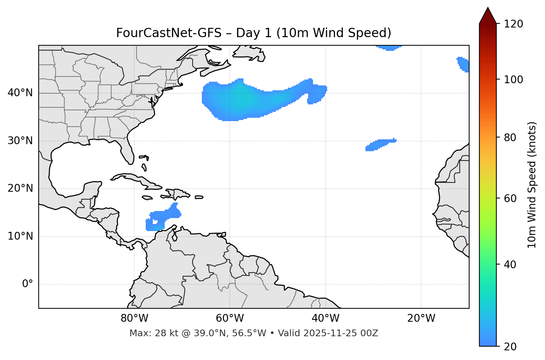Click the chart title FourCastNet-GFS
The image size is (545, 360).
pyautogui.click(x=254, y=33)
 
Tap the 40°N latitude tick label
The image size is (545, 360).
pyautogui.click(x=20, y=93)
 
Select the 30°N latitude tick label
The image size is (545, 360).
pyautogui.click(x=20, y=141)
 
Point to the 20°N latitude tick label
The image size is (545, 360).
pyautogui.click(x=20, y=188)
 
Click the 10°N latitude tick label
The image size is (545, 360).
pyautogui.click(x=20, y=236)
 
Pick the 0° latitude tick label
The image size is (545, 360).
pyautogui.click(x=28, y=284)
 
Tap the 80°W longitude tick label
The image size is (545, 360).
pyautogui.click(x=134, y=318)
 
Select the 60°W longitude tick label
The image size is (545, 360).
pyautogui.click(x=230, y=318)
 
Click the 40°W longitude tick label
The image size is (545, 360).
pyautogui.click(x=326, y=318)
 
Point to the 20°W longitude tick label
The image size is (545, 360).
pyautogui.click(x=421, y=318)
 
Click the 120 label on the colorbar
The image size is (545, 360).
pyautogui.click(x=513, y=24)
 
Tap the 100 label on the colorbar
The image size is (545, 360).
pyautogui.click(x=513, y=80)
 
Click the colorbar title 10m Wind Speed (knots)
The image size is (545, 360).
pyautogui.click(x=532, y=185)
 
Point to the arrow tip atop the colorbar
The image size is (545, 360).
pyautogui.click(x=488, y=8)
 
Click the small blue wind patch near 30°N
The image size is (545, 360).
pyautogui.click(x=380, y=144)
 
